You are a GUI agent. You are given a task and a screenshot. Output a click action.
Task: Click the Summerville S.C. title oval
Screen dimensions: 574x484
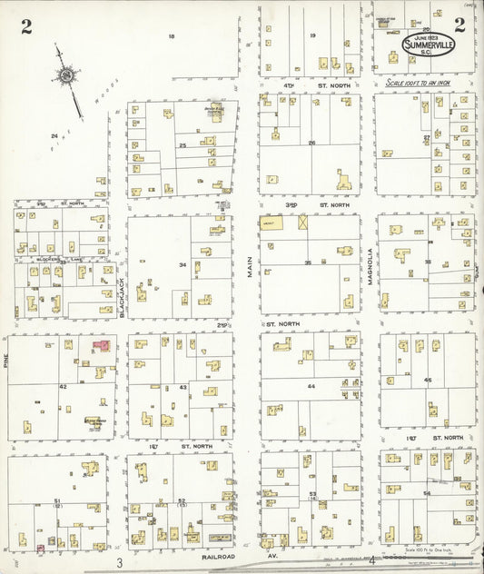430,45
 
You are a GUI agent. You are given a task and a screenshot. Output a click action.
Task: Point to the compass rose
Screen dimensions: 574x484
67,78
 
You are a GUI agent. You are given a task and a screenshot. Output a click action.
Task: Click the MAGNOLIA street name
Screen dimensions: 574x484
370,267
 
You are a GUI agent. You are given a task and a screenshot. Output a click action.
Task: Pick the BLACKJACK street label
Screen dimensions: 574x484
121,298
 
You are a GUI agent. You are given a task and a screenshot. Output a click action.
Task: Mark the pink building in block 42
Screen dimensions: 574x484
103,346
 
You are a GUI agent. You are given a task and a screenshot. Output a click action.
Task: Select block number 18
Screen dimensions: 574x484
171,36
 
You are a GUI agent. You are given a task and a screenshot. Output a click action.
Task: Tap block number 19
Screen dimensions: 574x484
312,36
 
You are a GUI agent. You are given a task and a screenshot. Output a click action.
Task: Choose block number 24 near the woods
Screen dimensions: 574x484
54,136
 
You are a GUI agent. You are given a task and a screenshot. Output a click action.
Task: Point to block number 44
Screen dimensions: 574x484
311,386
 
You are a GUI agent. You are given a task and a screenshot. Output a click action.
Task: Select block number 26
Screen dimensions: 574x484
311,143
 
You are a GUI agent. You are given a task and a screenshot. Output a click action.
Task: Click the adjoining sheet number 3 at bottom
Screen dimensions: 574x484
119,564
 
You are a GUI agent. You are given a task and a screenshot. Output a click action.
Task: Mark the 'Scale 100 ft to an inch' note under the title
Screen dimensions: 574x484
418,81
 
